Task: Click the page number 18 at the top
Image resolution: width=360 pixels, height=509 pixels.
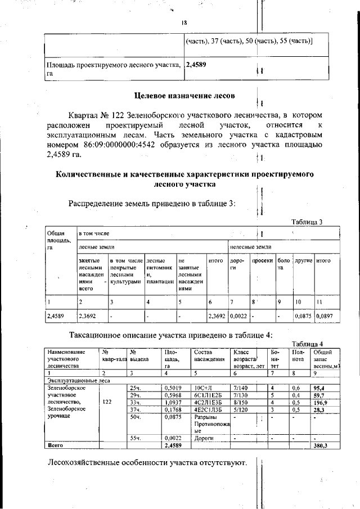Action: [183, 23]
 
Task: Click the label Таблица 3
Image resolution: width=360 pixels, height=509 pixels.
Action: [307, 222]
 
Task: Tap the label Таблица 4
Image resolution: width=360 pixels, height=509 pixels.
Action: [307, 344]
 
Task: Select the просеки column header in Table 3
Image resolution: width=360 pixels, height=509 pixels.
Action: [262, 261]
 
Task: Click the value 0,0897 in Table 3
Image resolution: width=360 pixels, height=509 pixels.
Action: [325, 317]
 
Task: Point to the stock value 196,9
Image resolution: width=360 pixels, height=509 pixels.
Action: [320, 402]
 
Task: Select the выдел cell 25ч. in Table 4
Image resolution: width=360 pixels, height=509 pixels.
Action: [134, 388]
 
